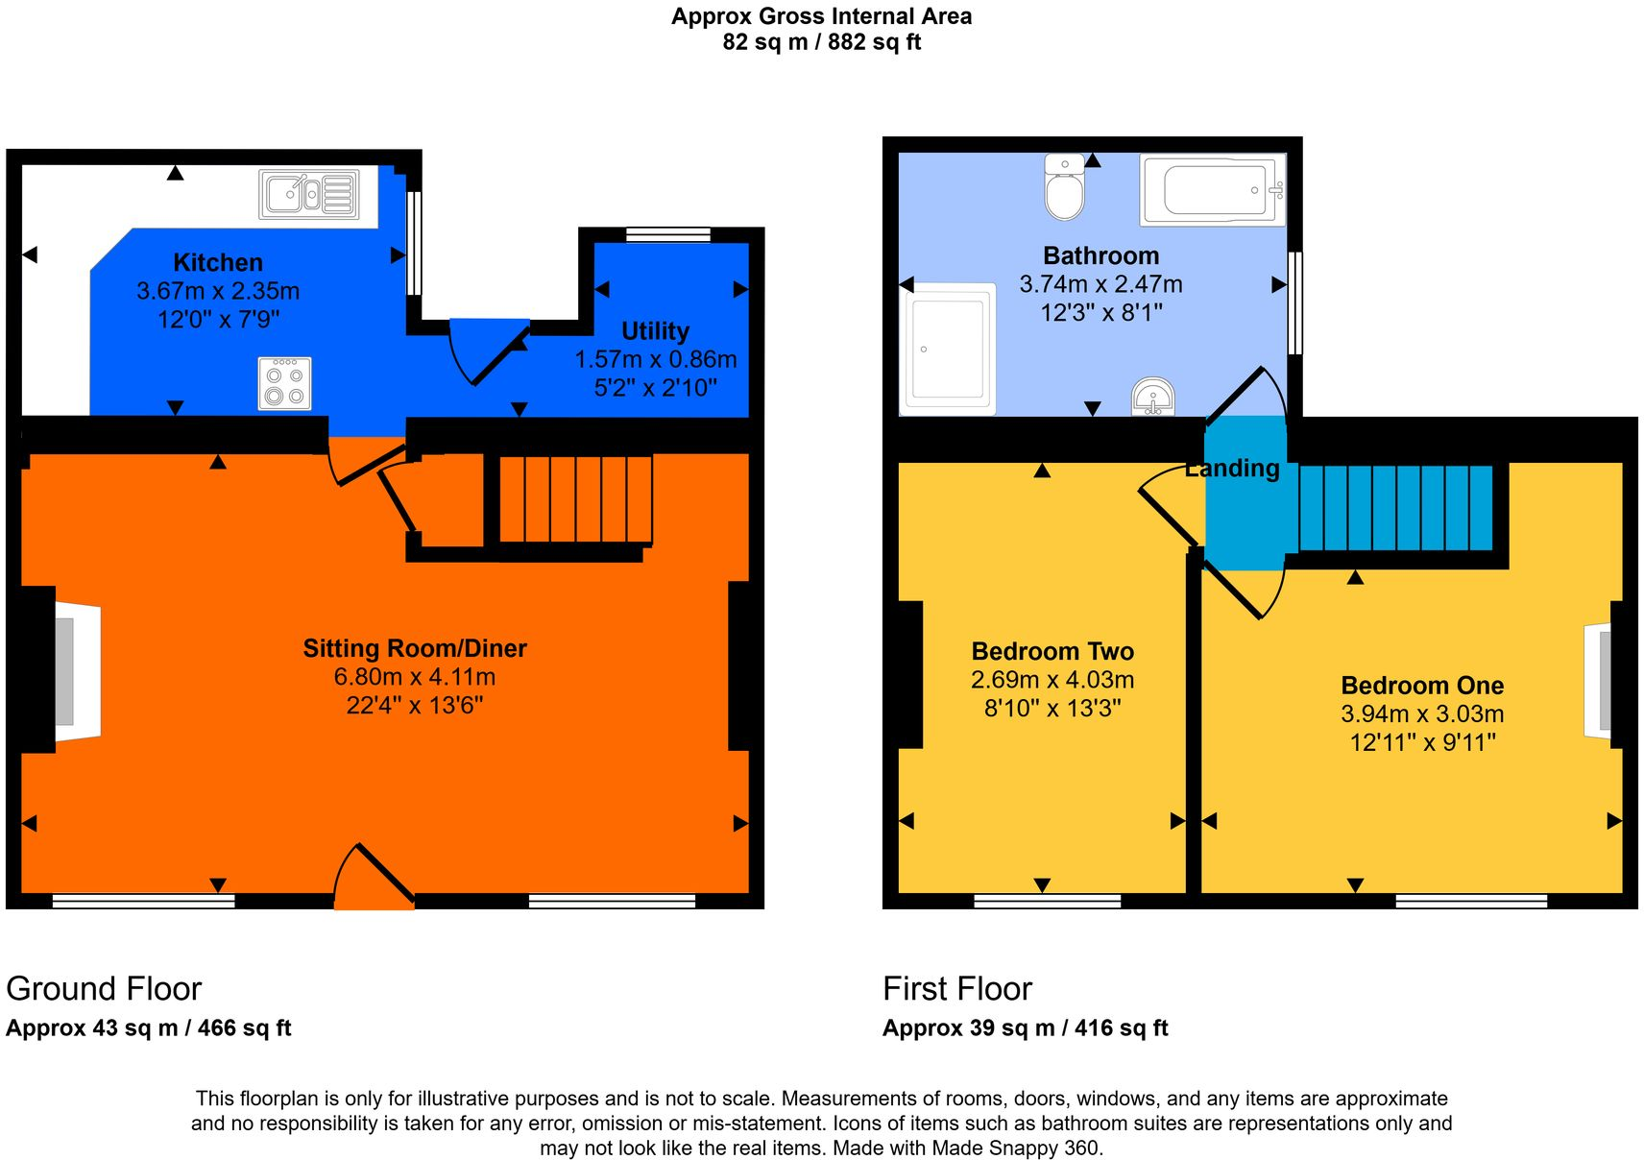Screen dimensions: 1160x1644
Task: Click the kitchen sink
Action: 309,194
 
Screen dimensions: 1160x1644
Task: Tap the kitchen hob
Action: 285,383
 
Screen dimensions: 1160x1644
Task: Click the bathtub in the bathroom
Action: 1213,190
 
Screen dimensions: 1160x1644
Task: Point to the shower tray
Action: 947,349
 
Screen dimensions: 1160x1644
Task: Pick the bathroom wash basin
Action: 1153,397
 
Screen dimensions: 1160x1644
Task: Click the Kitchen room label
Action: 218,263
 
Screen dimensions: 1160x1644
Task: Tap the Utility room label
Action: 655,331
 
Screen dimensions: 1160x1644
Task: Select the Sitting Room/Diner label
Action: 415,649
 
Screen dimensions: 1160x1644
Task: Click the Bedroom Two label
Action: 1052,652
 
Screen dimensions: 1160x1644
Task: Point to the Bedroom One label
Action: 1422,686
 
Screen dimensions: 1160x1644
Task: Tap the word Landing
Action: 1232,469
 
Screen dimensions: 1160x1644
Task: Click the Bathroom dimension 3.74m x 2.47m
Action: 1100,284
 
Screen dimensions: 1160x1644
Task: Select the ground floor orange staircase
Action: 576,499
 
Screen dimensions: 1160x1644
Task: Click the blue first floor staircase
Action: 1394,507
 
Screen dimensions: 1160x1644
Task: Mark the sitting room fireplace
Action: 76,671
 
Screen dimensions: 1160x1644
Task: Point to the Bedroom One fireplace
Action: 1599,681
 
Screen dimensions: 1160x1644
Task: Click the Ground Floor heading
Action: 104,989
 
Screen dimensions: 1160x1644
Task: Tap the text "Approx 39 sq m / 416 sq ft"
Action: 1025,1028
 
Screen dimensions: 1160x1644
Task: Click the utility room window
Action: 667,235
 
